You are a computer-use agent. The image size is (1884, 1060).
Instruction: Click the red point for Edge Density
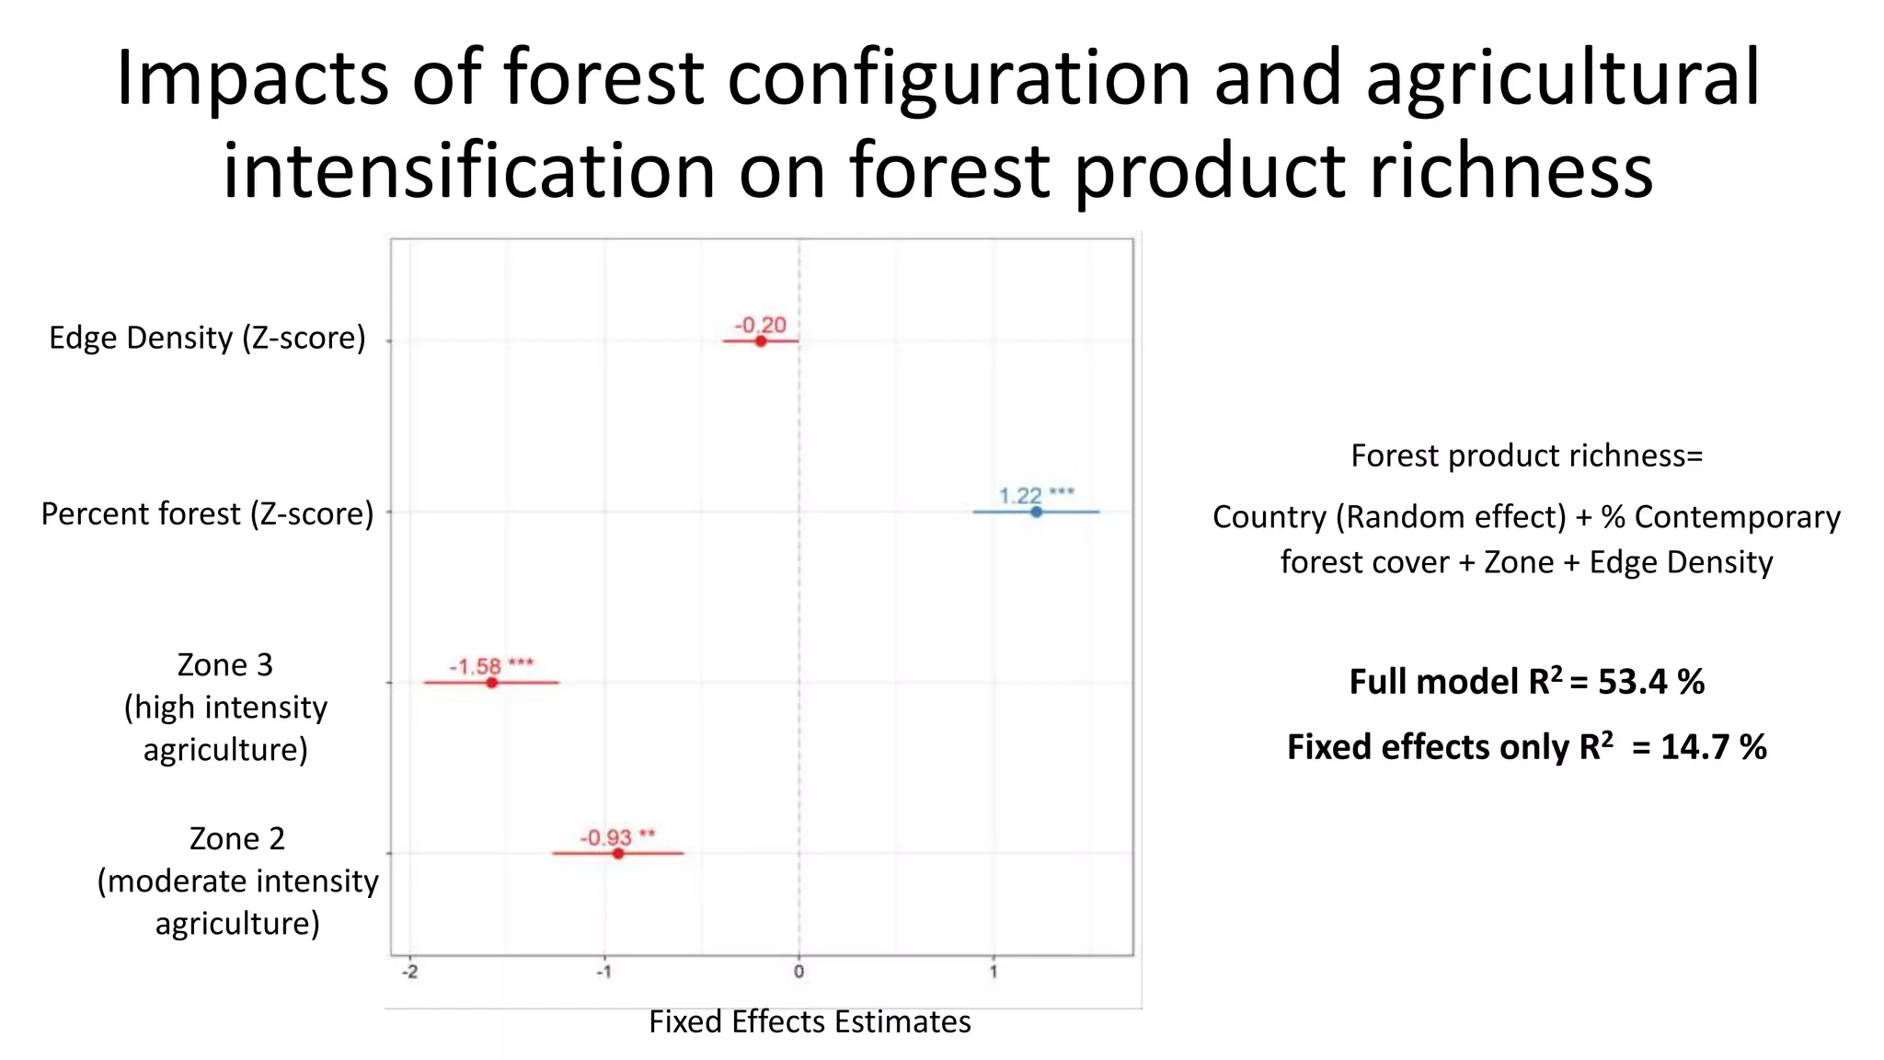pos(761,341)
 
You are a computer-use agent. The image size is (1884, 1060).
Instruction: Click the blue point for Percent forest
pos(1036,512)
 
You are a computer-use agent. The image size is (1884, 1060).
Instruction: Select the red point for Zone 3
pos(491,683)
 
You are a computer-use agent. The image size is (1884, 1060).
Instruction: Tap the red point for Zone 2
pos(618,854)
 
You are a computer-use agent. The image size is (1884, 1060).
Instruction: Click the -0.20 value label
pos(760,325)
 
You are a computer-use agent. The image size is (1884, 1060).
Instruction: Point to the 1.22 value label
pos(1020,496)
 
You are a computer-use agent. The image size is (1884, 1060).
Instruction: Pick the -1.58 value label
pos(475,666)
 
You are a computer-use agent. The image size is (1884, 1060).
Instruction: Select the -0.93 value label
pos(605,837)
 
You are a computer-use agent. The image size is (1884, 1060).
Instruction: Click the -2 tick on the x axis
pos(410,972)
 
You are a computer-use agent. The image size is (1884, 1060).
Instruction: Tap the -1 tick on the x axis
pos(604,972)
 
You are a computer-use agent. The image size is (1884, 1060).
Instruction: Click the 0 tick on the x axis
pos(798,972)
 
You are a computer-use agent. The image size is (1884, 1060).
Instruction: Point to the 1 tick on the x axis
pos(993,972)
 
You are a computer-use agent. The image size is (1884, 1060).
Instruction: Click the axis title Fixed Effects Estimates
pos(810,1021)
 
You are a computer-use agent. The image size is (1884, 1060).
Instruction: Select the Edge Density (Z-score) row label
pos(207,338)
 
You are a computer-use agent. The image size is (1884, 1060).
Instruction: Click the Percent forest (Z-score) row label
pos(207,513)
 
